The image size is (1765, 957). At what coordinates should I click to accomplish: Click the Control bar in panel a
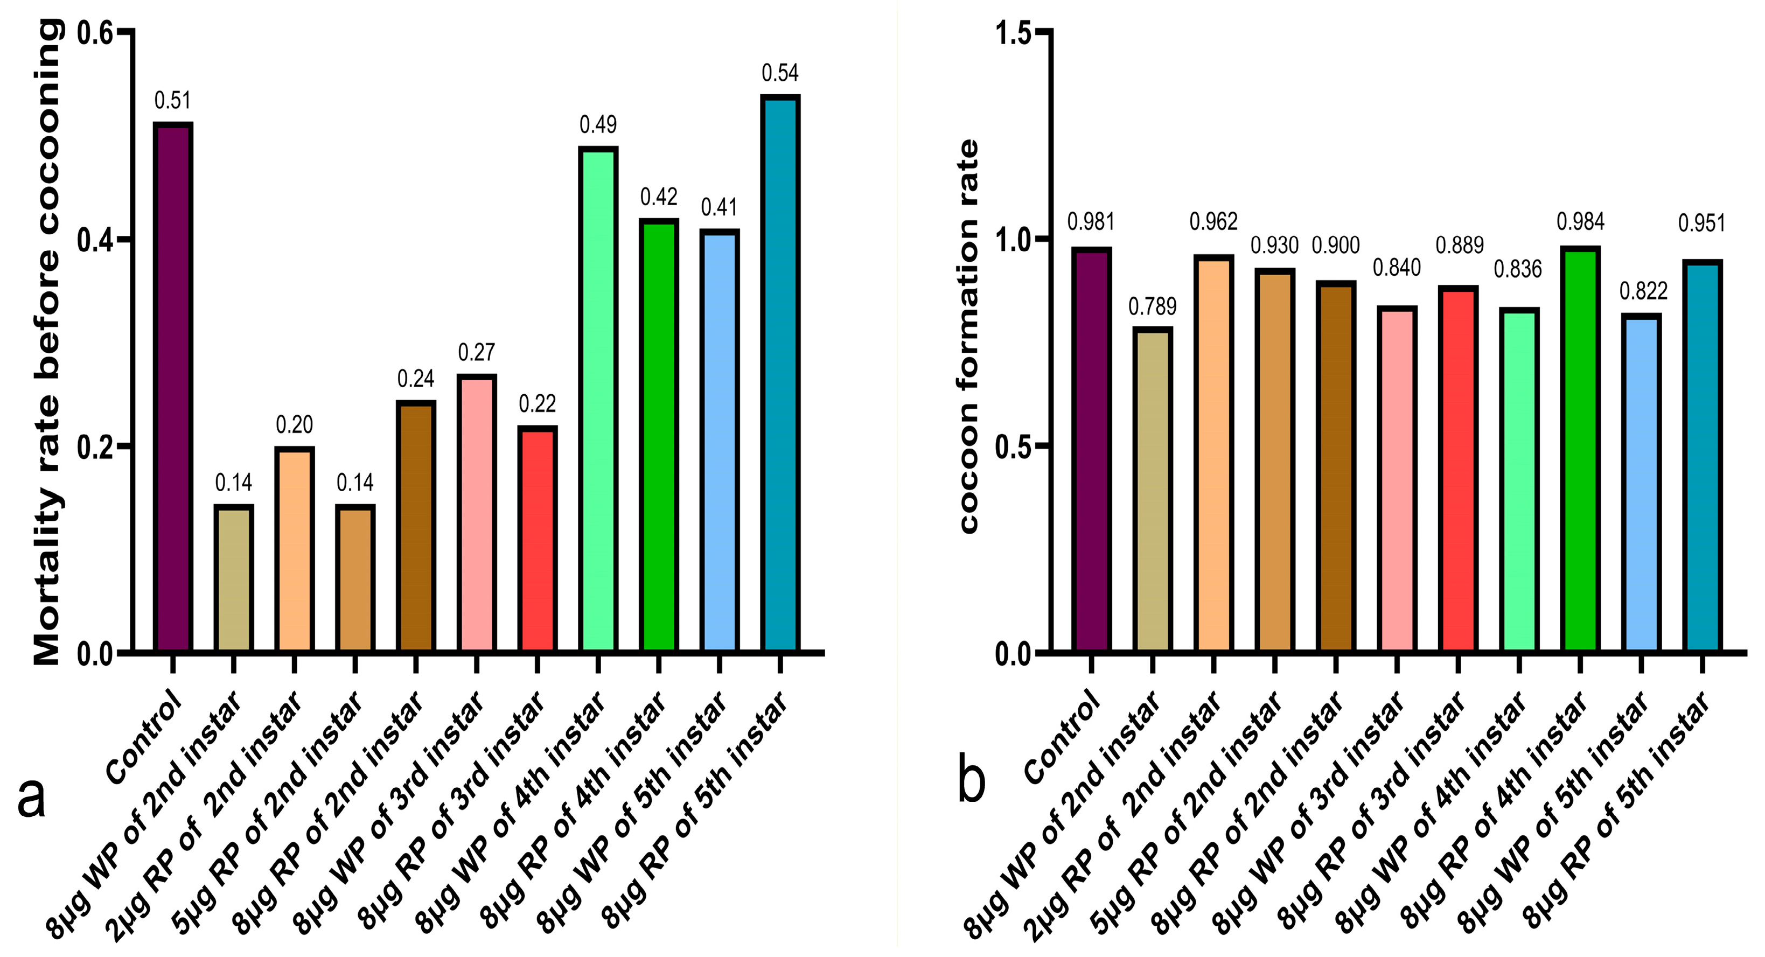point(173,387)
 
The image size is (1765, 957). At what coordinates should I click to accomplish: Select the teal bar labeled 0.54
point(780,373)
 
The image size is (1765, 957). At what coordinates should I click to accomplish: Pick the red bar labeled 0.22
point(537,539)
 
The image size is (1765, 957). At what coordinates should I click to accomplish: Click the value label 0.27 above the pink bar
point(476,353)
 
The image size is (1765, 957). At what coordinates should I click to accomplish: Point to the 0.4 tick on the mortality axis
point(95,240)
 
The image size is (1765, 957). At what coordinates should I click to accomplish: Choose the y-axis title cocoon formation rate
point(968,336)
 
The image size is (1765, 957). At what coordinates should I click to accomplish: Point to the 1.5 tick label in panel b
point(1013,33)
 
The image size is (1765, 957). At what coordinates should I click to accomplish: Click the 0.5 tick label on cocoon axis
point(1013,446)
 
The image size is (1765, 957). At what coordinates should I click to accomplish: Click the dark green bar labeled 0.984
point(1580,449)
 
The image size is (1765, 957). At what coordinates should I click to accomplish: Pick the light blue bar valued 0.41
point(718,441)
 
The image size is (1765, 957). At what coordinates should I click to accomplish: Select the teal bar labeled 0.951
point(1703,456)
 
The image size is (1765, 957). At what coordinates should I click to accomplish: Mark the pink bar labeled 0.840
point(1397,479)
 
